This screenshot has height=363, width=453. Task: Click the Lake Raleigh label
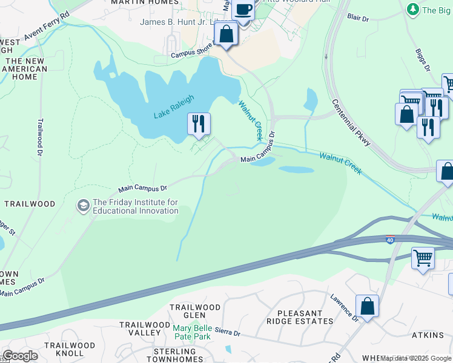pos(174,106)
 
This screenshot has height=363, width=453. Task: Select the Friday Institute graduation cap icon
pos(82,206)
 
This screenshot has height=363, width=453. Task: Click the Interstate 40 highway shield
pos(390,240)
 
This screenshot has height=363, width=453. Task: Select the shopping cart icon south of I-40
pos(423,258)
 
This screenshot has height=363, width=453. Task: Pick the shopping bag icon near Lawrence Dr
pos(367,306)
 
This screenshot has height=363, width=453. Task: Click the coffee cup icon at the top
pos(243,10)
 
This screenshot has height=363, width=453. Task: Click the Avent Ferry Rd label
pos(47,27)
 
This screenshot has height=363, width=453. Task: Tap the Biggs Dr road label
pos(423,60)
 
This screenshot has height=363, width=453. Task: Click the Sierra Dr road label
pos(228,333)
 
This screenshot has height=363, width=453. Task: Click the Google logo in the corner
pos(20,356)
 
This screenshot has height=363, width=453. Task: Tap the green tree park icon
pos(414,10)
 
